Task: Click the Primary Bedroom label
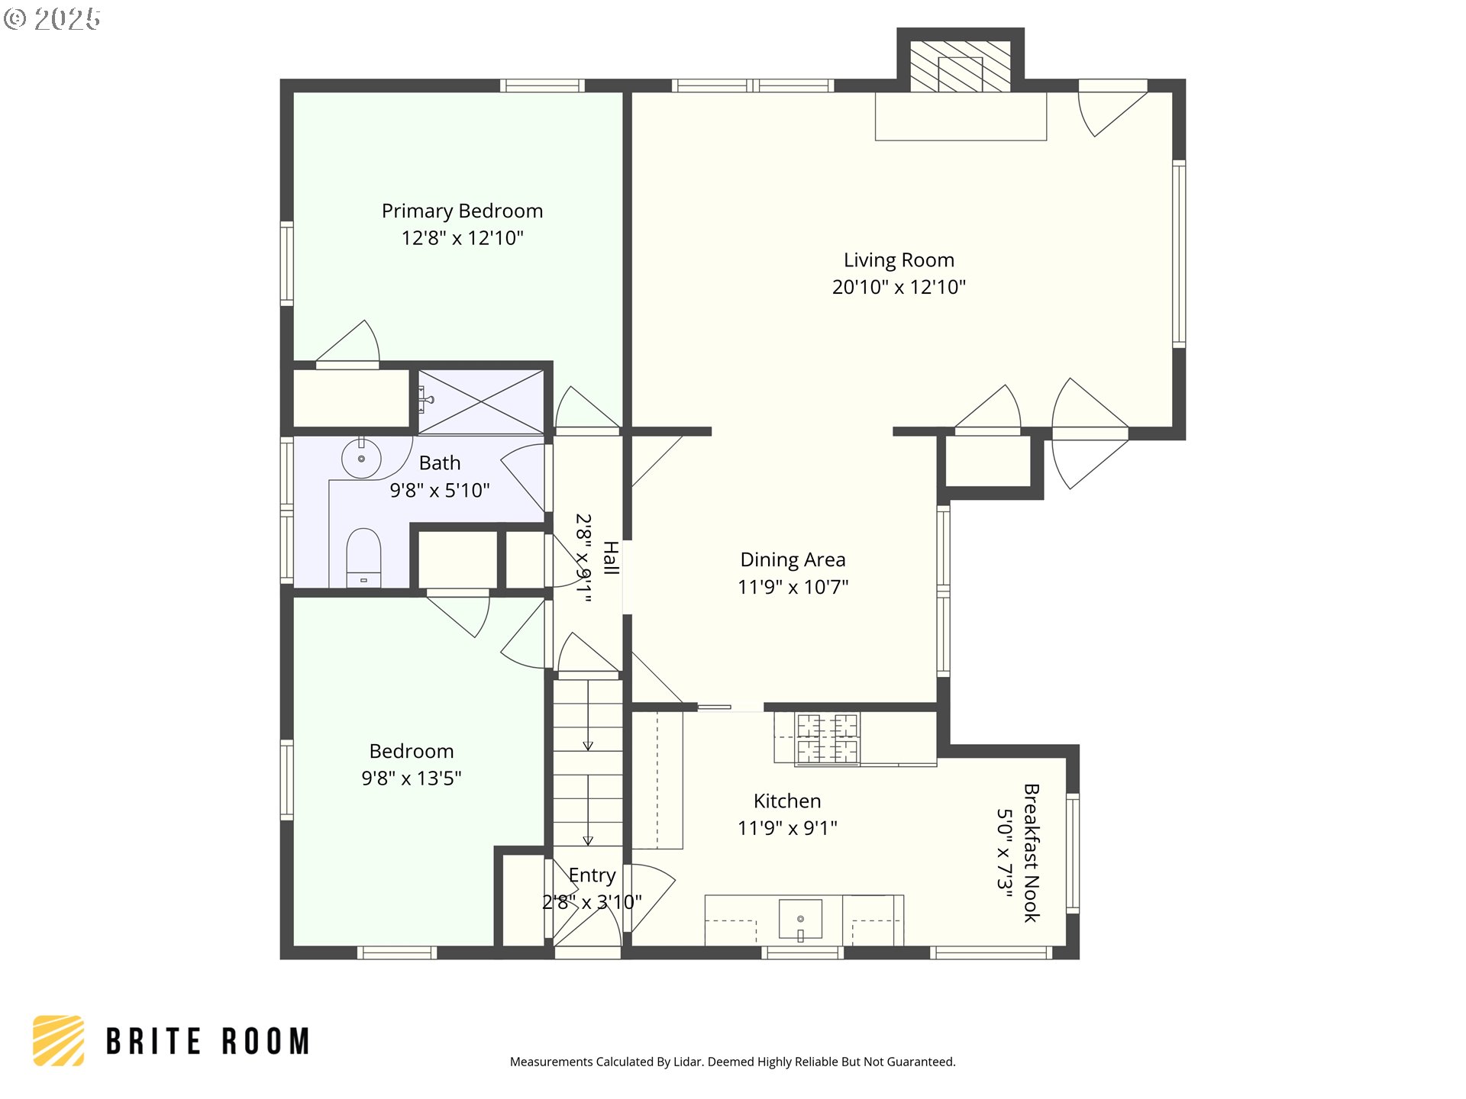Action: pyautogui.click(x=462, y=211)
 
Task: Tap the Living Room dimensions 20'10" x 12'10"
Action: pyautogui.click(x=899, y=287)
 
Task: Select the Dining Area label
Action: pyautogui.click(x=793, y=559)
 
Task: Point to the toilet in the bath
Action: pyautogui.click(x=363, y=558)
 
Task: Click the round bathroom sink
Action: pyautogui.click(x=361, y=458)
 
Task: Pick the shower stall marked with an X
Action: pyautogui.click(x=481, y=402)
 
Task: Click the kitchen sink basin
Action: pyautogui.click(x=800, y=919)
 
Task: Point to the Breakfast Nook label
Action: pyautogui.click(x=1032, y=852)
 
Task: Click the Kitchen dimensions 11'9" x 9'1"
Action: pyautogui.click(x=787, y=828)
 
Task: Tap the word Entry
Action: pyautogui.click(x=592, y=875)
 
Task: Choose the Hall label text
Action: pyautogui.click(x=611, y=557)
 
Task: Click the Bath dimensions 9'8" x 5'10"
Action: pyautogui.click(x=440, y=490)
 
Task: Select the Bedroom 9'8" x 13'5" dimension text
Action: pyautogui.click(x=412, y=778)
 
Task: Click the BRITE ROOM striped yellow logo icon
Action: pyautogui.click(x=59, y=1040)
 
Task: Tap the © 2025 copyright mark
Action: pyautogui.click(x=52, y=19)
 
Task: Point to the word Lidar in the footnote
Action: pyautogui.click(x=689, y=1062)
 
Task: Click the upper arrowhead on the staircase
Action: pyautogui.click(x=588, y=746)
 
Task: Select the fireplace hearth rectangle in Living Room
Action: pyautogui.click(x=961, y=116)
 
